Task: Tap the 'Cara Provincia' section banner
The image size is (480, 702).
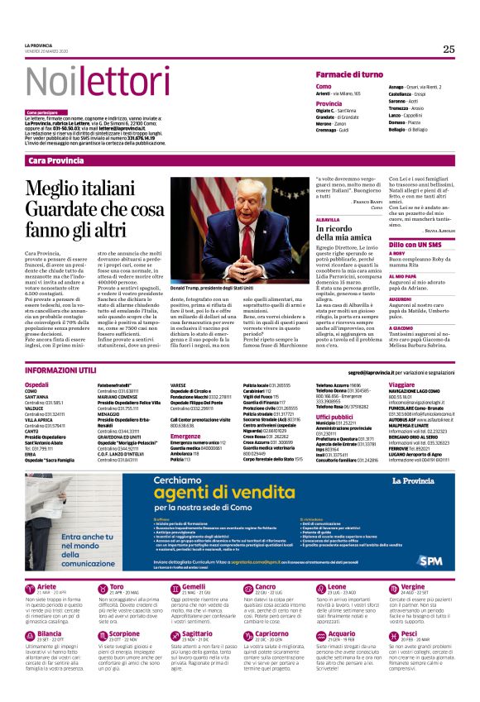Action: point(61,159)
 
